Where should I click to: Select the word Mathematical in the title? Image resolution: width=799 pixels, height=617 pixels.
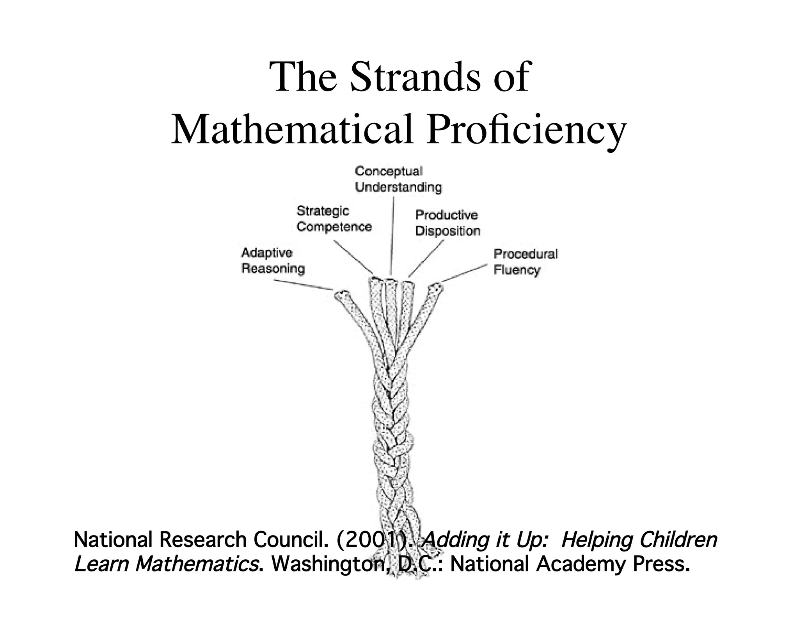click(292, 129)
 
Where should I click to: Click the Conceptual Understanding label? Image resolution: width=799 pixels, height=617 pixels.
click(398, 179)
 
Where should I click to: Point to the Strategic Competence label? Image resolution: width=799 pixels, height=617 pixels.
click(334, 219)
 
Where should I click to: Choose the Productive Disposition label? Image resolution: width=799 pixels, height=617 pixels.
click(447, 223)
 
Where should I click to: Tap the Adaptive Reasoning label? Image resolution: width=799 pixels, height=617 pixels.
click(273, 261)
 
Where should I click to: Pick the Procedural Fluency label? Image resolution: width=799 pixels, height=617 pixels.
click(526, 262)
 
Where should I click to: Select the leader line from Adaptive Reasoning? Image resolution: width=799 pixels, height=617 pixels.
click(303, 285)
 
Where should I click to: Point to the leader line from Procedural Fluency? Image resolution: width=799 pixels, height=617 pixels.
click(464, 273)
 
